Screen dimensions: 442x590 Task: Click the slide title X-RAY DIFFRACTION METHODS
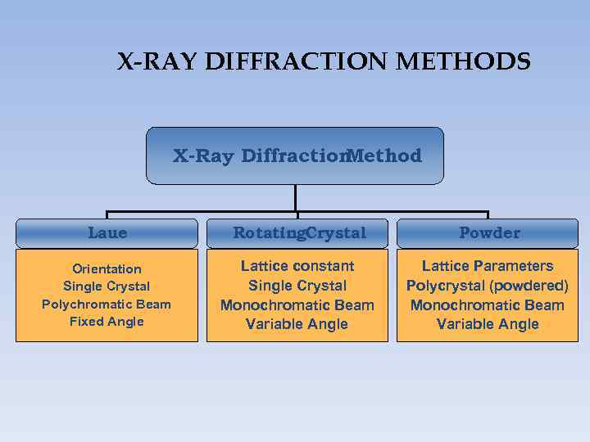tap(324, 62)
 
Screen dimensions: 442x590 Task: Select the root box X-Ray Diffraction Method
tap(295, 156)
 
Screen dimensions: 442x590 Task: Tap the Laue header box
tap(107, 233)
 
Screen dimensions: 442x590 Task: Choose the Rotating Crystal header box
tap(298, 233)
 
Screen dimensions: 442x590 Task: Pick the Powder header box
tap(488, 233)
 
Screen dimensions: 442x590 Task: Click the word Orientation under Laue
tap(107, 269)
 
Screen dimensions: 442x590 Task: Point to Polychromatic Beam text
tap(107, 304)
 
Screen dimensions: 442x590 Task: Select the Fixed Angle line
tap(107, 322)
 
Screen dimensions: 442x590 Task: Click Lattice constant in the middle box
tap(297, 266)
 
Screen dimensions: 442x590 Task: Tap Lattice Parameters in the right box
tap(488, 266)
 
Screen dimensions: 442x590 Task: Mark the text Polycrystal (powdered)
tap(488, 286)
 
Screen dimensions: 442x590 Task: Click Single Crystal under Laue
tap(107, 286)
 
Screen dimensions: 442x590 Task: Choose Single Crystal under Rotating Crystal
tap(297, 286)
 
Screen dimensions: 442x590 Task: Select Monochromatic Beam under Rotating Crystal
tap(297, 305)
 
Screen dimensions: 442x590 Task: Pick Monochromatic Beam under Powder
tap(488, 305)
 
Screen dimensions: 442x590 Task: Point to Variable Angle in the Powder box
tap(488, 324)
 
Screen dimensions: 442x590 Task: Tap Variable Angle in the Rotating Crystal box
tap(297, 324)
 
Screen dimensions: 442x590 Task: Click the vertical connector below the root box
tap(295, 197)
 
